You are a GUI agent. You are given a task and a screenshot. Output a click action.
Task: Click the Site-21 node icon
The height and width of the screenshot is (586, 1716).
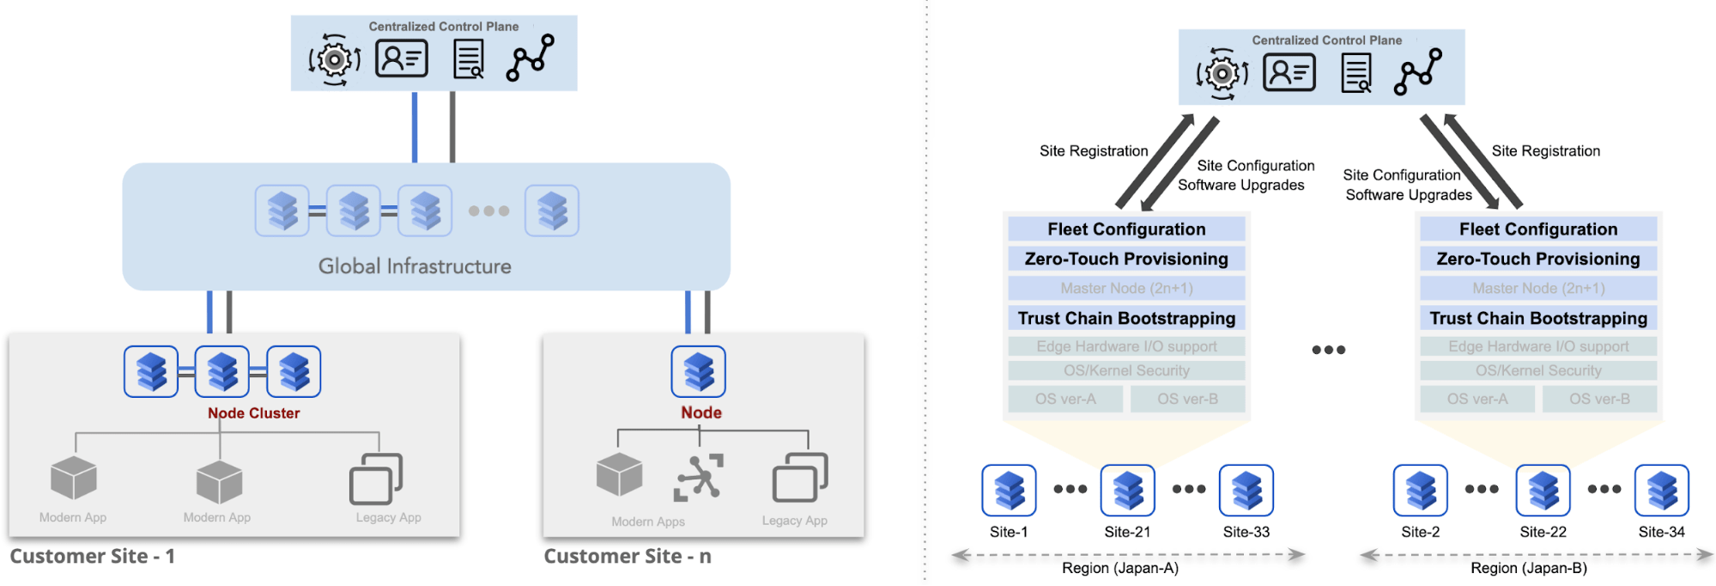[1127, 491]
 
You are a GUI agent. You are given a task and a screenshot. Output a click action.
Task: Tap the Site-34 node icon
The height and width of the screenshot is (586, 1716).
[1661, 491]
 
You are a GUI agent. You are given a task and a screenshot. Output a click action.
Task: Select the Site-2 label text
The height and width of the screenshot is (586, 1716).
[1420, 532]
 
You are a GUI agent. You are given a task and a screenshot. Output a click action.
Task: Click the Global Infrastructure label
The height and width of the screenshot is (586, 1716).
[415, 266]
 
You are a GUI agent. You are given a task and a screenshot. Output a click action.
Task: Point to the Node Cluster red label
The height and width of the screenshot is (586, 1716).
[253, 413]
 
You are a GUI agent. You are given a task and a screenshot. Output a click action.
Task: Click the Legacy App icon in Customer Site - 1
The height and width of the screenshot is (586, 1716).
[376, 479]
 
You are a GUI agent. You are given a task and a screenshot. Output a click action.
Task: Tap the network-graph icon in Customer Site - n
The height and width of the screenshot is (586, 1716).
[699, 477]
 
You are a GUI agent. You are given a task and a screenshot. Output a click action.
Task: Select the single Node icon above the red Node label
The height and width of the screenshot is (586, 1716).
[698, 371]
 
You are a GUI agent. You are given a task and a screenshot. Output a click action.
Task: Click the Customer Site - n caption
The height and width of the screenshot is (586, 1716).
[628, 556]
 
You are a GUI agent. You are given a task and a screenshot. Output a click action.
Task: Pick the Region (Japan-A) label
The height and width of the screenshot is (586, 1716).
[1120, 568]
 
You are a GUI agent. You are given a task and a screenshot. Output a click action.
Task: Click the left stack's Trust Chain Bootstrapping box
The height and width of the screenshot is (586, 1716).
[1126, 318]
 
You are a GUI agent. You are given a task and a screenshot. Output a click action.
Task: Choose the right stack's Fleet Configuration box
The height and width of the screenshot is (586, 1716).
[1538, 229]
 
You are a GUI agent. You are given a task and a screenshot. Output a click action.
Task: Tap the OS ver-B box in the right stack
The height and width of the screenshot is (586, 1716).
[1599, 399]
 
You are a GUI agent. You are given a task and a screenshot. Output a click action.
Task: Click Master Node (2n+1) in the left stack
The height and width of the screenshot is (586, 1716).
[1126, 288]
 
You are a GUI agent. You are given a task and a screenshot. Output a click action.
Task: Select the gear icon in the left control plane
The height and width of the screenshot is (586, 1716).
[335, 59]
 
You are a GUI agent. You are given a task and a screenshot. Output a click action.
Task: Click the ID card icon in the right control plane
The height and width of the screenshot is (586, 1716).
[1289, 72]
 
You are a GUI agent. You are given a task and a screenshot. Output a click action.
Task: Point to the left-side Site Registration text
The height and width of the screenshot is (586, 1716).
[1094, 151]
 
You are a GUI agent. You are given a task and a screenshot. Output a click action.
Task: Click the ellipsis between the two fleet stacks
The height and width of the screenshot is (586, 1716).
[1328, 350]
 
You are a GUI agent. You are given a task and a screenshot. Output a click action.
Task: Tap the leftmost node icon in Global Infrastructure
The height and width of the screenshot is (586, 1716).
[282, 211]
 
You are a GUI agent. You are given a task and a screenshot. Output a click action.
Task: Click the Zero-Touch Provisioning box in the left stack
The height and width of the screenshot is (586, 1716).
[1126, 259]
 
